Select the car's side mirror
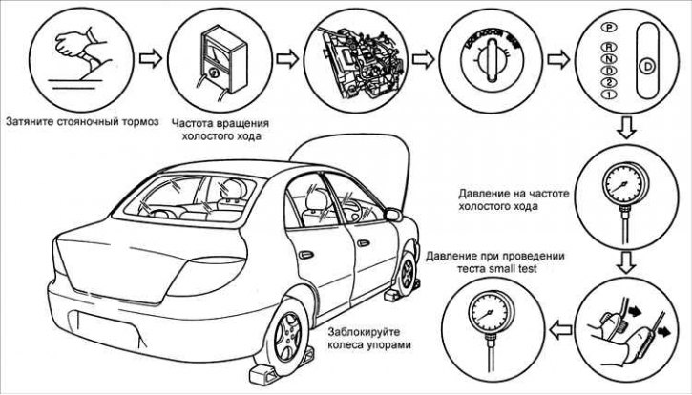coord(392,215)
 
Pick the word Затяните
coord(30,122)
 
